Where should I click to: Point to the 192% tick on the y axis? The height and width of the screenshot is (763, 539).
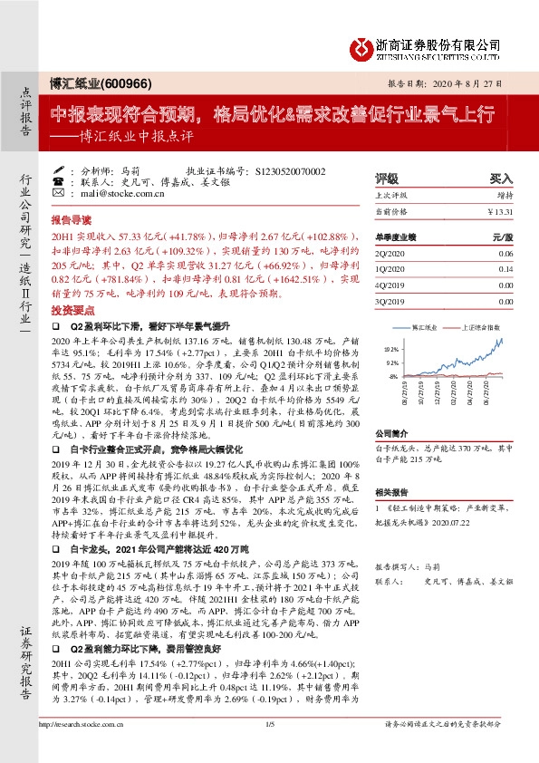click(x=391, y=348)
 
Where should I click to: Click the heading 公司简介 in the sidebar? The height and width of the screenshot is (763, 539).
click(x=392, y=433)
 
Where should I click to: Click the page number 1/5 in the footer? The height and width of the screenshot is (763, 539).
click(x=270, y=748)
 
